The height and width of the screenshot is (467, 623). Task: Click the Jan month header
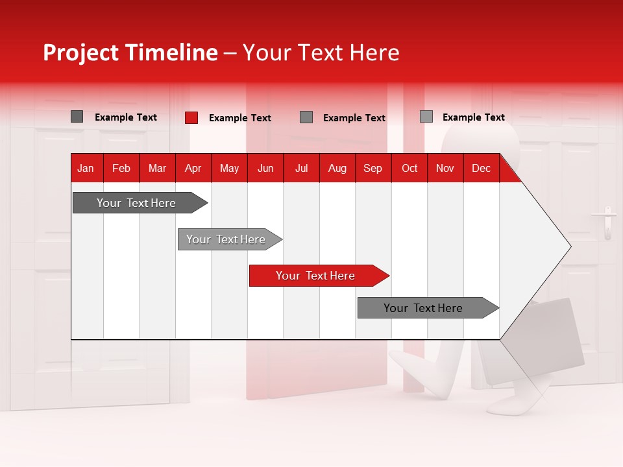click(86, 168)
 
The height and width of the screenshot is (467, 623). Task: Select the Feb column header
click(121, 168)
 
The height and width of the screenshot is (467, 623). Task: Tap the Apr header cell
click(193, 168)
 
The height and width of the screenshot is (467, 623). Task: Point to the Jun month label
click(265, 168)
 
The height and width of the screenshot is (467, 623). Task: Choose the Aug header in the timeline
click(337, 168)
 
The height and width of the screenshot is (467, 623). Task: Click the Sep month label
click(373, 168)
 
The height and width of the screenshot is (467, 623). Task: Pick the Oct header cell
click(409, 168)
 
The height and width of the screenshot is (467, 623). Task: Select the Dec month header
click(482, 168)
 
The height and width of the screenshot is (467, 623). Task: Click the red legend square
click(191, 117)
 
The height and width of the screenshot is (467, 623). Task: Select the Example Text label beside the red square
click(240, 118)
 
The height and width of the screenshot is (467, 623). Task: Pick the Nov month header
click(445, 168)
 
